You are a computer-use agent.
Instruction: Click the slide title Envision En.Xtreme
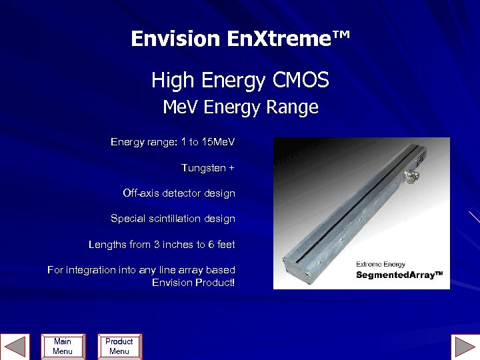tap(239, 39)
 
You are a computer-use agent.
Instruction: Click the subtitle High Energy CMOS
tap(240, 80)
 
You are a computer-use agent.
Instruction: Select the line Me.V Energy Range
tap(241, 107)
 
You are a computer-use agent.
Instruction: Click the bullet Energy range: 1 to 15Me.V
tap(173, 142)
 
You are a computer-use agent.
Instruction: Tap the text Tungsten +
tap(208, 168)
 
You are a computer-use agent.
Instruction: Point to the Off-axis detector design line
tap(179, 193)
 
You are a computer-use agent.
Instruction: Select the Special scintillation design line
tap(173, 219)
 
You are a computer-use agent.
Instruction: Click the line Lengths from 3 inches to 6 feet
tap(162, 245)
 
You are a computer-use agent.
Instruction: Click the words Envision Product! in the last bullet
tap(193, 282)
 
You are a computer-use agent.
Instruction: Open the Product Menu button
tap(119, 346)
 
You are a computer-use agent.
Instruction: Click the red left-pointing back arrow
tap(15, 347)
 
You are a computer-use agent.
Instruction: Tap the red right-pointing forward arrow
tap(464, 347)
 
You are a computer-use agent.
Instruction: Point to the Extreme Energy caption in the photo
tap(380, 264)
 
